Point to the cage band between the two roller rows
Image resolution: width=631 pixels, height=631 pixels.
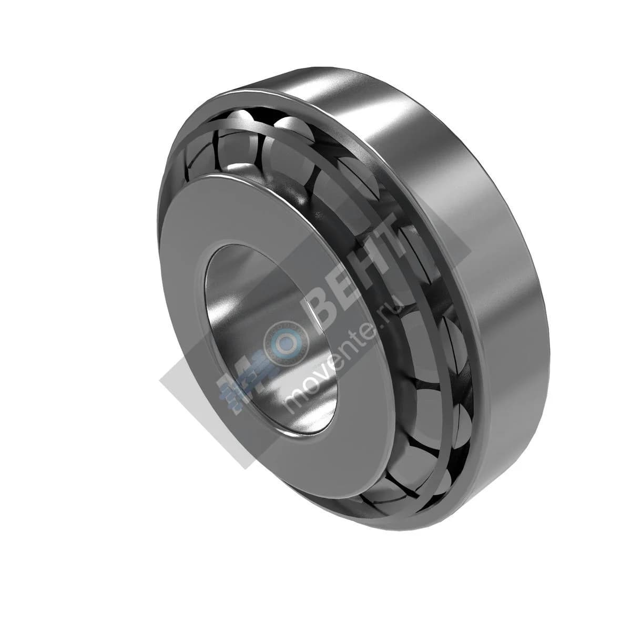pos(421,294)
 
